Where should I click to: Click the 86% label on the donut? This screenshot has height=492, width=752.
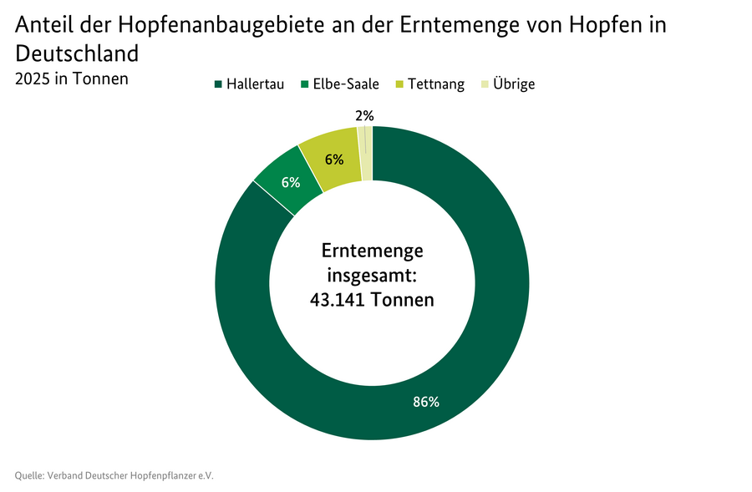point(426,402)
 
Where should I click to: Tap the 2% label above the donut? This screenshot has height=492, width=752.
point(364,116)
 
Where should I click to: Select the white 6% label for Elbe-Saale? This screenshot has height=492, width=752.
point(291,181)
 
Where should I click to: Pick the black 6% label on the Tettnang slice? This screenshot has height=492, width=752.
point(334,159)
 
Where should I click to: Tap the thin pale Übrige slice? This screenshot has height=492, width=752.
point(366,155)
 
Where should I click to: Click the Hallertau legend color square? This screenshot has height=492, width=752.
point(219,84)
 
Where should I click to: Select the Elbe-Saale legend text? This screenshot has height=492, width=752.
point(346,84)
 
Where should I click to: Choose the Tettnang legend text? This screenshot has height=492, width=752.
point(436,84)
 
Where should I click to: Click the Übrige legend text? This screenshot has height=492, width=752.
point(514,84)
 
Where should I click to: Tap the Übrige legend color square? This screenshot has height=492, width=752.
point(485,84)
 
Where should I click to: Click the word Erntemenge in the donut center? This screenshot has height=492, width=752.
point(372,251)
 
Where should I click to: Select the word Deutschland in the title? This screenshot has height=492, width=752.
point(77,54)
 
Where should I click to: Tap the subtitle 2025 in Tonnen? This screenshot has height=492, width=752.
point(71,79)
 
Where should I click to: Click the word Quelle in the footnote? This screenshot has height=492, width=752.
point(30,475)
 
